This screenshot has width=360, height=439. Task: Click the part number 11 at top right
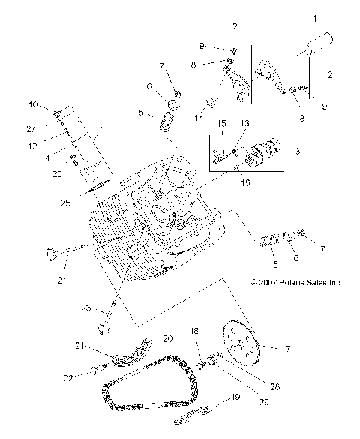tap(313, 17)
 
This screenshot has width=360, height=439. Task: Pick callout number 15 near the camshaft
tap(222, 122)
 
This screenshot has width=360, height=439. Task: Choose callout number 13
tap(244, 123)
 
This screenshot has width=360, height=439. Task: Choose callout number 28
tap(253, 386)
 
